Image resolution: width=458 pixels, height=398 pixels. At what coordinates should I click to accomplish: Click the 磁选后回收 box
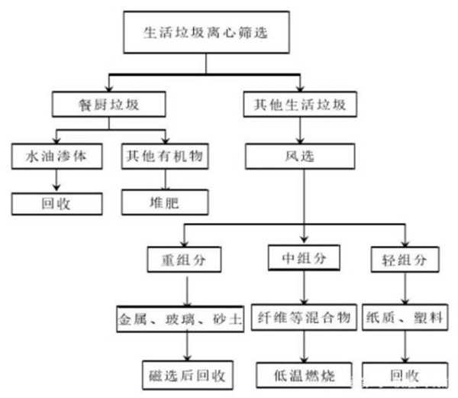click(x=186, y=375)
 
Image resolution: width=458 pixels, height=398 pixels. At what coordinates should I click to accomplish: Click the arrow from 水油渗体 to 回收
click(x=56, y=180)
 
